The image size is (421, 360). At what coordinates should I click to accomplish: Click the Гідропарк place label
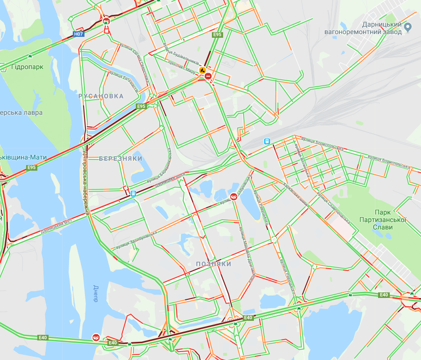pos(28,67)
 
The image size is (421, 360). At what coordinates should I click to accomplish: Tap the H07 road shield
pos(79,34)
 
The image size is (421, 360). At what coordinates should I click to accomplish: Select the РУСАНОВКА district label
pos(101,96)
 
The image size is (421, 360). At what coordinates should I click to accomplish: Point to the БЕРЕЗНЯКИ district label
pos(120,159)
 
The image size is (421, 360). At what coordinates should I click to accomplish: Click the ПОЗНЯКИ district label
pos(214,264)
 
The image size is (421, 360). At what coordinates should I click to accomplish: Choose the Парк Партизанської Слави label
pos(381,223)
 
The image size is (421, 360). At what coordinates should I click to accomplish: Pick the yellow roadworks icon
pos(203,70)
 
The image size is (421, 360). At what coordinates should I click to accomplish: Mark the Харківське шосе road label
pos(295,193)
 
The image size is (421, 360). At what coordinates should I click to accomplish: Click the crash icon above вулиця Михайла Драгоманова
pos(234,196)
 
